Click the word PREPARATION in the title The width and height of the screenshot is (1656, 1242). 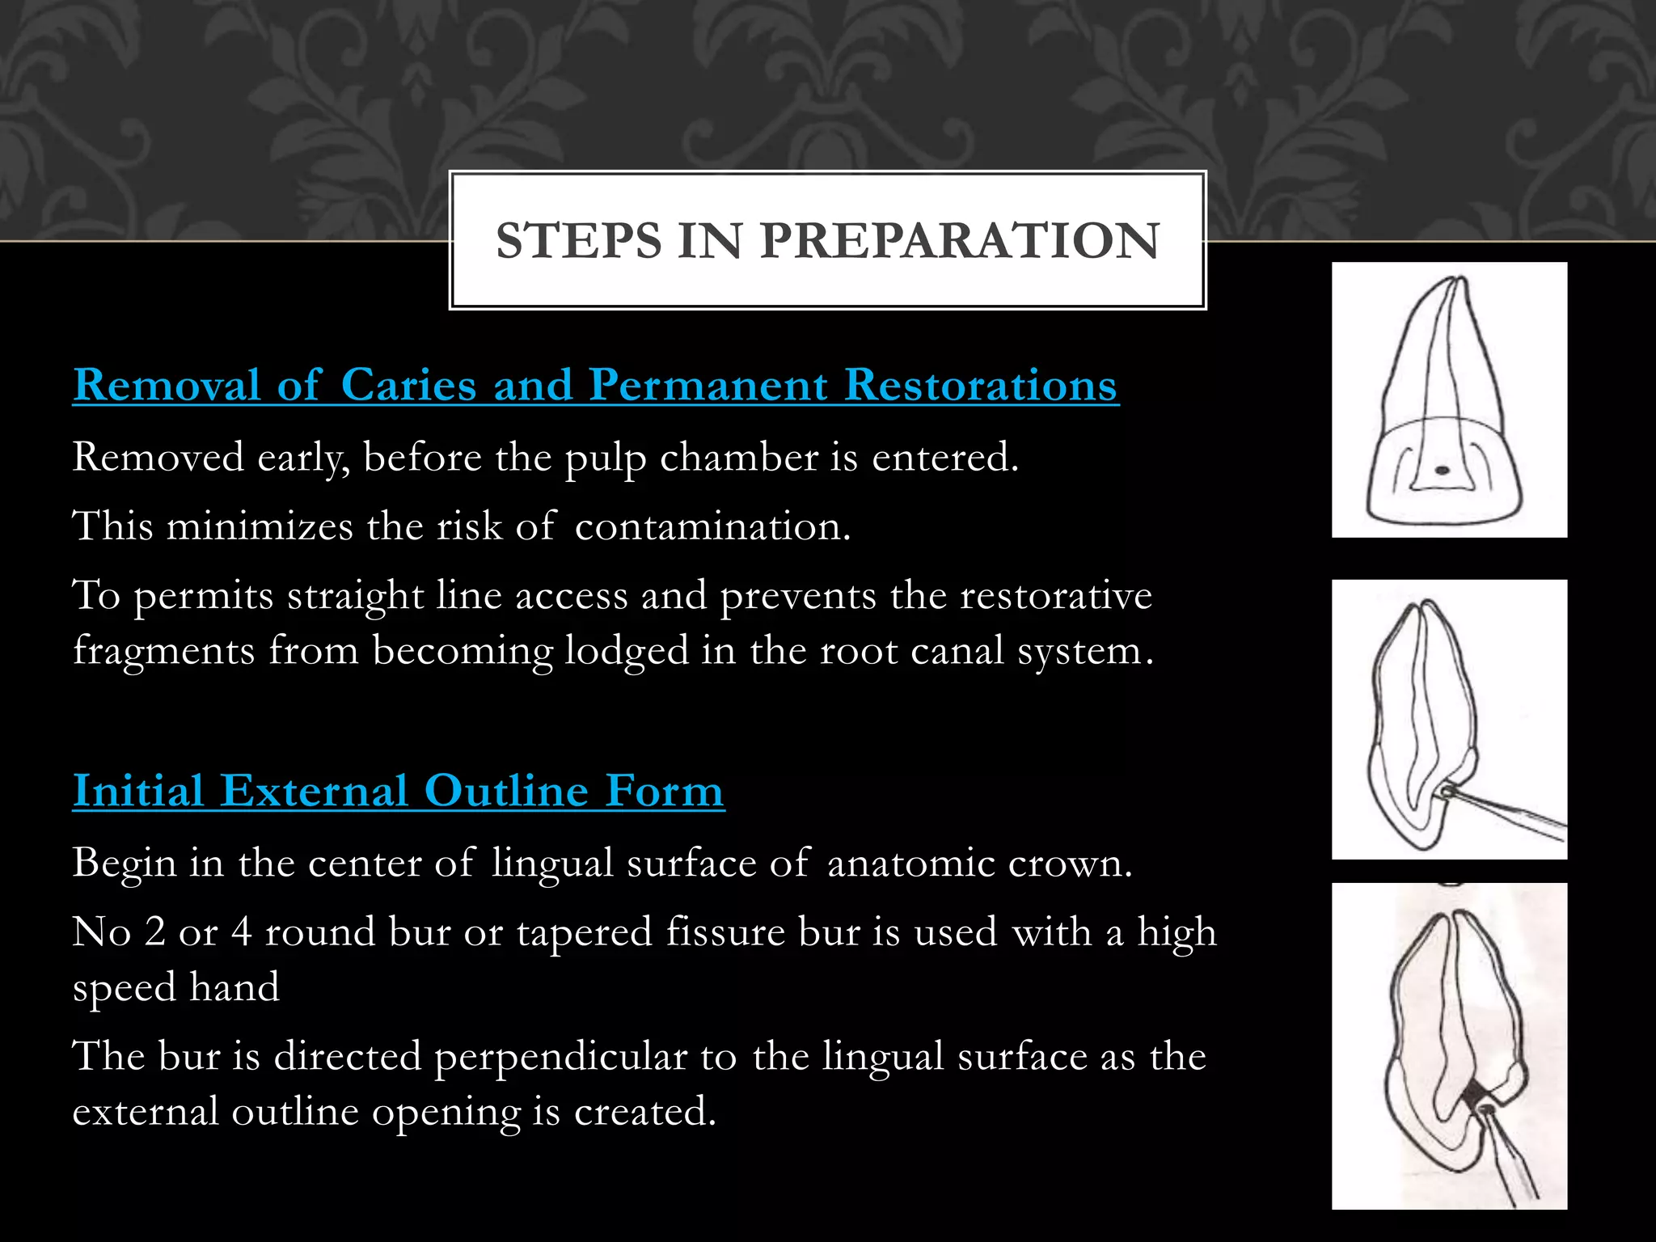pyautogui.click(x=959, y=241)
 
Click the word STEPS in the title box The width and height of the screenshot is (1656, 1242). pyautogui.click(x=578, y=241)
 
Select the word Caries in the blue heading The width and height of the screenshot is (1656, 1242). pyautogui.click(x=408, y=386)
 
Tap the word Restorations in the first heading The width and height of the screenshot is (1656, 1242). pyautogui.click(x=981, y=386)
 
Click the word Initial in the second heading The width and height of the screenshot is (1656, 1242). pyautogui.click(x=137, y=791)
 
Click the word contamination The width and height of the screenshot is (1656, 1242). pyautogui.click(x=712, y=526)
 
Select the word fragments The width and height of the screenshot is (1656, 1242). pyautogui.click(x=163, y=652)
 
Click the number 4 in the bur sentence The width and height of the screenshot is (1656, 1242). pyautogui.click(x=241, y=932)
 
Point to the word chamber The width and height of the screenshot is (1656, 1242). pyautogui.click(x=738, y=458)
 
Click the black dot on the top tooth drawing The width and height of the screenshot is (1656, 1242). pyautogui.click(x=1440, y=470)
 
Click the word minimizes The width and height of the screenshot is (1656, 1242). pyautogui.click(x=260, y=526)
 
